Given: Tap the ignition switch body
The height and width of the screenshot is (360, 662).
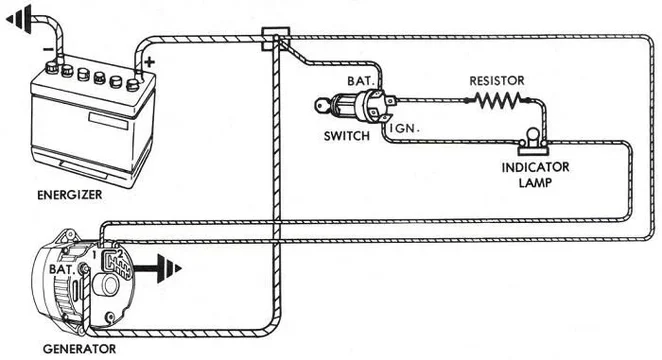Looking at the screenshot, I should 355,105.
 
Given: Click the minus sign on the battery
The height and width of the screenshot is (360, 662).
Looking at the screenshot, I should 46,46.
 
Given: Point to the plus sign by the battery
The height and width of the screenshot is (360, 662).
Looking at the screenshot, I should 151,61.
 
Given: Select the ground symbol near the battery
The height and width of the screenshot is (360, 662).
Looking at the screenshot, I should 22,15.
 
